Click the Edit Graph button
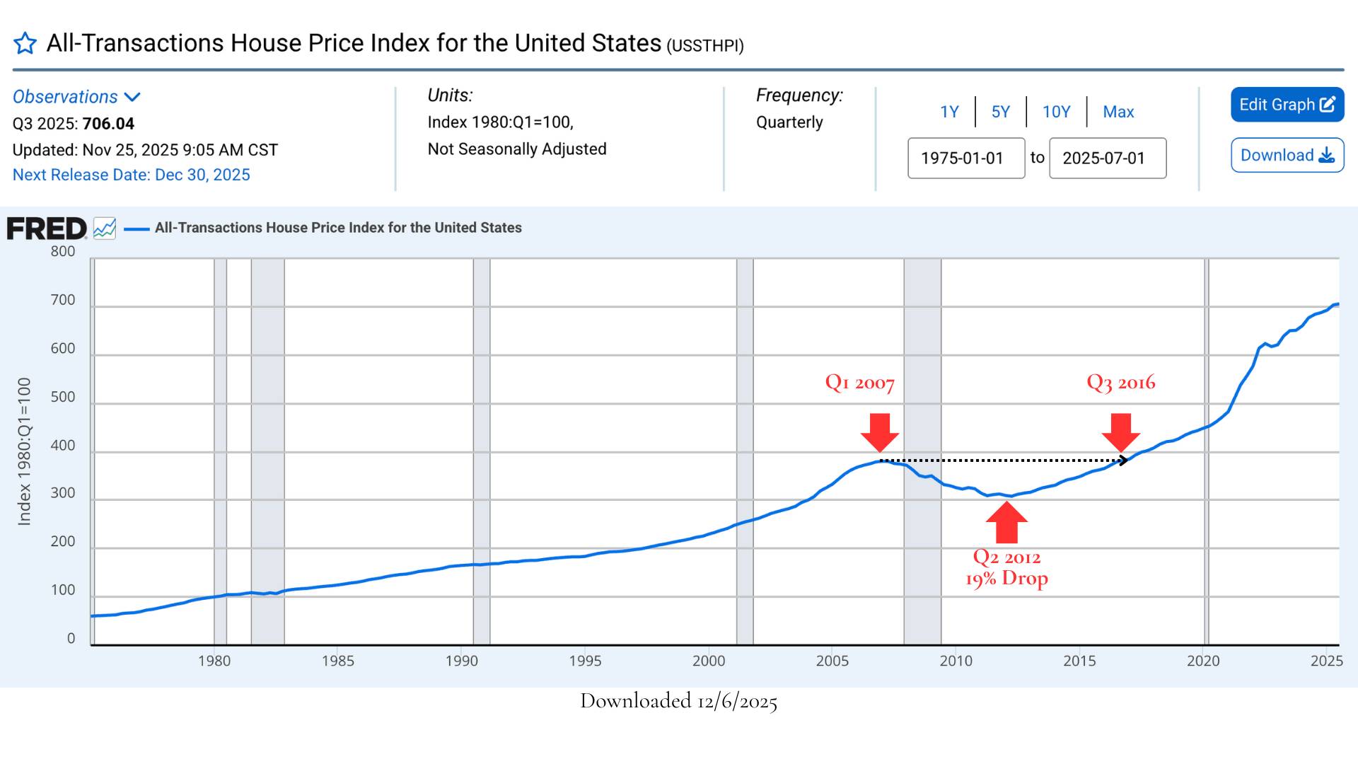(1287, 105)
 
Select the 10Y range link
(1056, 112)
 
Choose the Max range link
(1118, 112)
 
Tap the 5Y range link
(1000, 112)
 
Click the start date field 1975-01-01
(965, 158)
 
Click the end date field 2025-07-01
(1107, 158)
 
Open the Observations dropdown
(76, 97)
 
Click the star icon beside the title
(25, 43)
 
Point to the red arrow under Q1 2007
(880, 432)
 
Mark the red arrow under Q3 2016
(1121, 432)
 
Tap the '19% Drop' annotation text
(1006, 579)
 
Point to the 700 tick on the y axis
(63, 300)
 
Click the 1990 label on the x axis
(461, 661)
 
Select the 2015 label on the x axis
(1079, 661)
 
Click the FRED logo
(47, 228)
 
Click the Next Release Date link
(132, 175)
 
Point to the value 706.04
(108, 124)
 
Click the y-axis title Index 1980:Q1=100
(25, 451)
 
